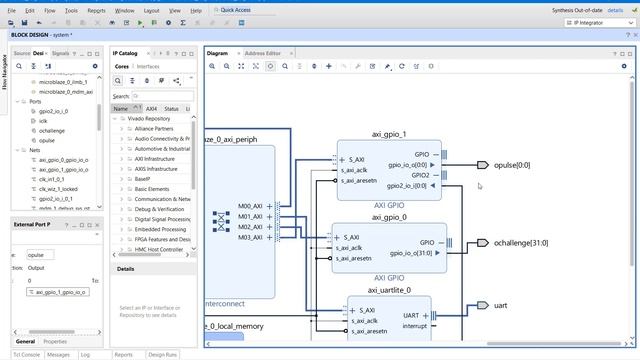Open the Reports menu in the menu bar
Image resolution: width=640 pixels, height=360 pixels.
click(x=96, y=10)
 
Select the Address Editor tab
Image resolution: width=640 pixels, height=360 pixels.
click(x=263, y=52)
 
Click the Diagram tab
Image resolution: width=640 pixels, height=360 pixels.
click(x=218, y=52)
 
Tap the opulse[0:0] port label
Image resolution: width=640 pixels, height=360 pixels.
click(x=512, y=165)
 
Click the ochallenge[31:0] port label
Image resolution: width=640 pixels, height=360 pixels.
click(x=520, y=243)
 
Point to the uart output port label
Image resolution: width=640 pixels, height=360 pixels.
click(x=501, y=305)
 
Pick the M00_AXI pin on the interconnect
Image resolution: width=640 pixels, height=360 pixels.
click(x=250, y=206)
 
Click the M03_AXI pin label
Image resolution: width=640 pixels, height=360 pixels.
click(x=250, y=238)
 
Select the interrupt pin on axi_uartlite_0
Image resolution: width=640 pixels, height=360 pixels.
click(x=415, y=326)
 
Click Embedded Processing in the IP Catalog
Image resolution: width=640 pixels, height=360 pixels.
click(x=161, y=229)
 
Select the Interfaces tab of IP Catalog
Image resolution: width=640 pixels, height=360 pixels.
click(x=147, y=66)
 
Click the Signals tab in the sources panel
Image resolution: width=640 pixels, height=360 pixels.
click(x=61, y=53)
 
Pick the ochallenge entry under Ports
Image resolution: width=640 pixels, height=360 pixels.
click(x=52, y=131)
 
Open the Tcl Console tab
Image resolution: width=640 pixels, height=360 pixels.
click(x=26, y=354)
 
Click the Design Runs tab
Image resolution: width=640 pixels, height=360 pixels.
click(x=163, y=354)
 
